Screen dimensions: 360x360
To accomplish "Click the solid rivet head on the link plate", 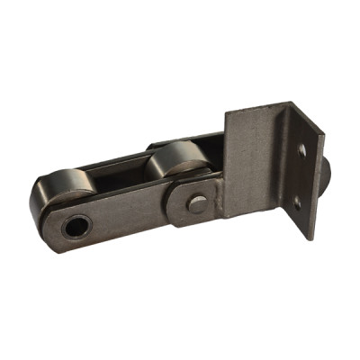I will point(195,204).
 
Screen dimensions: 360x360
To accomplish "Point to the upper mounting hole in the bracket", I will point(301,150).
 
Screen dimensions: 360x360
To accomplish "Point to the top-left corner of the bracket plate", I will point(226,113).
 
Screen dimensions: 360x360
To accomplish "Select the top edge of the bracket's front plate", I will point(256,107).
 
